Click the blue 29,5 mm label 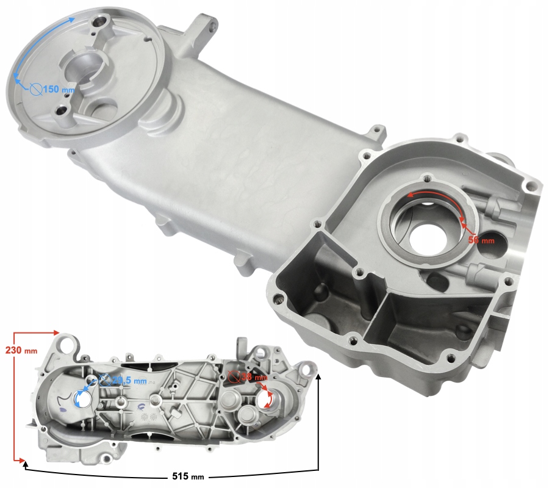tap(129, 381)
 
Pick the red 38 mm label tap(247, 377)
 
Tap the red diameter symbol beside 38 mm tap(232, 376)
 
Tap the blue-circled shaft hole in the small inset tap(82, 398)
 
